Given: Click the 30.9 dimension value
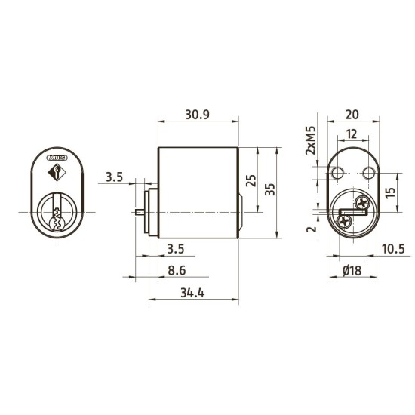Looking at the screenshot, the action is [x=197, y=115].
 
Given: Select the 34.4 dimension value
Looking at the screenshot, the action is [x=192, y=293].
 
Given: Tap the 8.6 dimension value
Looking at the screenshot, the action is [x=177, y=271].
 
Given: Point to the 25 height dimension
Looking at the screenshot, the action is [x=251, y=180].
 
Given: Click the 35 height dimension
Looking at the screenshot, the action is [x=270, y=189].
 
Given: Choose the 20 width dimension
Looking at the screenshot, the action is [x=352, y=115].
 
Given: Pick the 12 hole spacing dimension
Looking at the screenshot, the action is [x=352, y=134].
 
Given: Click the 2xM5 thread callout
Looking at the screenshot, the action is [x=311, y=140].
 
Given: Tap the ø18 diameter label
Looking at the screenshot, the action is [x=352, y=271].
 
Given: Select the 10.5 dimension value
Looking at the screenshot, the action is [x=393, y=249].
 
